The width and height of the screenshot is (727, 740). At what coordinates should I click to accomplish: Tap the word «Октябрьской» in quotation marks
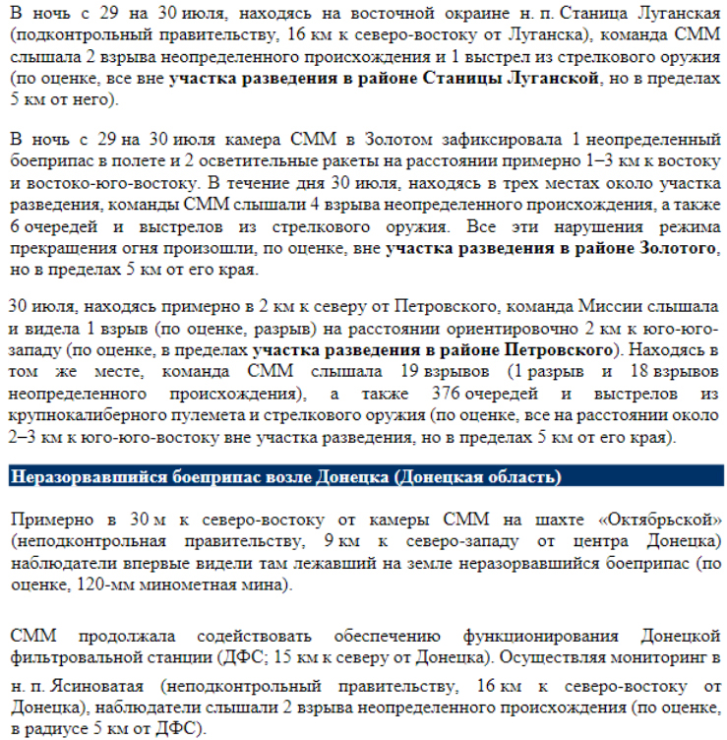(655, 519)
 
